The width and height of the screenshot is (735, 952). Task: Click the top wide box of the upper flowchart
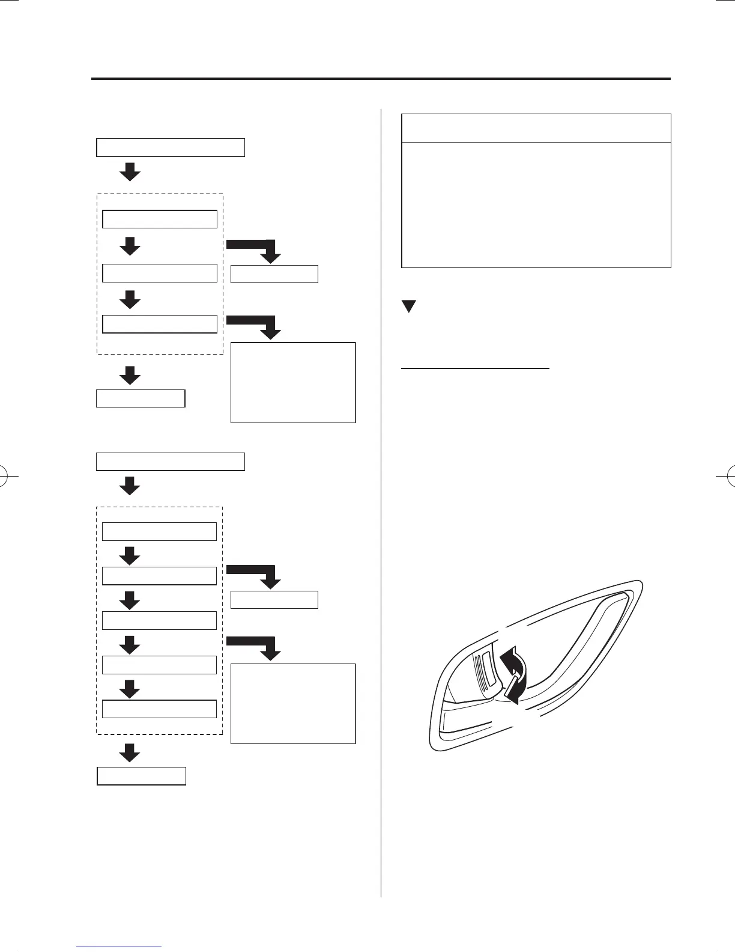click(171, 147)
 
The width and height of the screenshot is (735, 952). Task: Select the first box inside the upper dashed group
click(160, 219)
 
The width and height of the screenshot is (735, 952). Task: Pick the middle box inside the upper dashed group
click(160, 273)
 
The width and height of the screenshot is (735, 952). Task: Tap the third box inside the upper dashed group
click(160, 324)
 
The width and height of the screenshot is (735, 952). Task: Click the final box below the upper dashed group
click(141, 398)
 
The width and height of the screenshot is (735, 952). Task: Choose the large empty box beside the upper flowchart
click(293, 382)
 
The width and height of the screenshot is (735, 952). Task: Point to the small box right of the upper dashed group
click(274, 274)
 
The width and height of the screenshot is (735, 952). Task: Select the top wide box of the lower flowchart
click(171, 462)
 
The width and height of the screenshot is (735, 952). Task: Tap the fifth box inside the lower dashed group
click(159, 709)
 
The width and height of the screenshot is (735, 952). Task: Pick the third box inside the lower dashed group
click(159, 620)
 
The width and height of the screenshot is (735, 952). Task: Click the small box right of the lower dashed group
click(274, 600)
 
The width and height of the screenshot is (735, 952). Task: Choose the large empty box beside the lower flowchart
click(293, 703)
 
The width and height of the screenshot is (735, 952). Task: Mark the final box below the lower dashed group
click(142, 776)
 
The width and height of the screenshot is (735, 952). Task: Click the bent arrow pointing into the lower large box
click(255, 646)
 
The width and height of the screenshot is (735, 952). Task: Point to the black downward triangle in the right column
click(409, 307)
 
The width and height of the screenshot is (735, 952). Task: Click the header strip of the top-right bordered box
click(536, 129)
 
